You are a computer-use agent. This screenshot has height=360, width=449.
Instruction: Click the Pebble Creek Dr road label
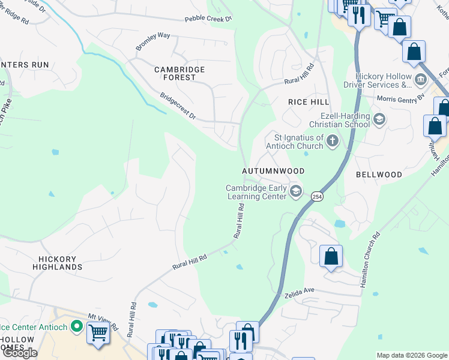click(208, 19)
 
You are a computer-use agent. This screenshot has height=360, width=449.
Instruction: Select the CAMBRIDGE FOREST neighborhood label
click(179, 74)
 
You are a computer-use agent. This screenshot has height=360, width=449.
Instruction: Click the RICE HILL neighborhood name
click(309, 102)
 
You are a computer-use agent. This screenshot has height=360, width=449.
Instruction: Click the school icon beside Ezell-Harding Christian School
click(379, 119)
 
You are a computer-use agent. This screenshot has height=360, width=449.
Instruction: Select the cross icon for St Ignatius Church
click(333, 142)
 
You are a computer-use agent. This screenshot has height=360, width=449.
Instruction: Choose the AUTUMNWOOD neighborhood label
click(273, 171)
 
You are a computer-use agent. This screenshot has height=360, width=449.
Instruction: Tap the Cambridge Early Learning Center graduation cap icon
click(295, 191)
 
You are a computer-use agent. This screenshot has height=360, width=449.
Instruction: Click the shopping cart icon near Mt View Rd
click(98, 332)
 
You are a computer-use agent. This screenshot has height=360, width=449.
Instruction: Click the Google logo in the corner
click(19, 352)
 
